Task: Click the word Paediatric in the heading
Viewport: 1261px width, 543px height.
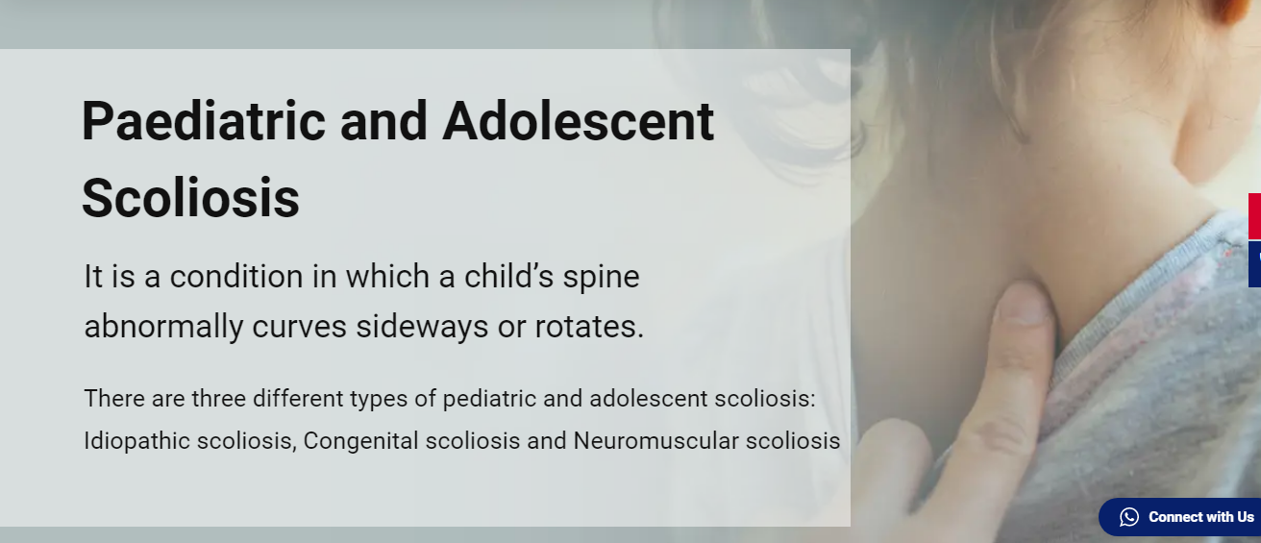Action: tap(204, 122)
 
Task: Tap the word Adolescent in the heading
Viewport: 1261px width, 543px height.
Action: tap(579, 121)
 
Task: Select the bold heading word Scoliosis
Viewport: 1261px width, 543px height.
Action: tap(191, 198)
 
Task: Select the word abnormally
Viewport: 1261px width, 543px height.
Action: tap(163, 328)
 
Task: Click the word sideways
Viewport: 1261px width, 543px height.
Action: tap(422, 328)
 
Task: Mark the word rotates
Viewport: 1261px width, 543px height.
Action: tap(589, 327)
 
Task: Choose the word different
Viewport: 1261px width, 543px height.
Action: tap(298, 399)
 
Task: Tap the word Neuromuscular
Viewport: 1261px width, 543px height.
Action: tap(655, 440)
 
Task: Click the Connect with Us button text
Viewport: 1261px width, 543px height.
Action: tap(1200, 517)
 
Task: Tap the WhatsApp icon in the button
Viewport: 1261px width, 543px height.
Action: tap(1129, 517)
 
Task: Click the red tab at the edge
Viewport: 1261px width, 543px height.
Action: tap(1255, 216)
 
